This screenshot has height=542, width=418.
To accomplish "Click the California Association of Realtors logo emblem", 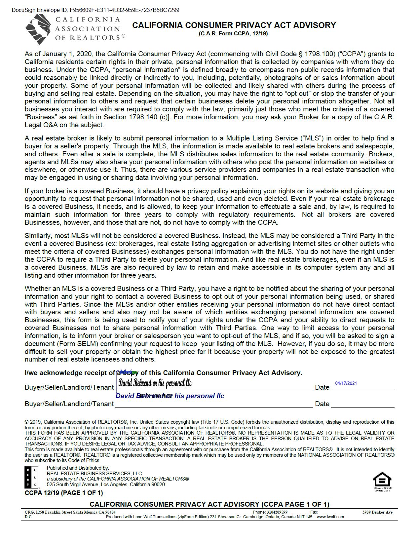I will tap(38, 29).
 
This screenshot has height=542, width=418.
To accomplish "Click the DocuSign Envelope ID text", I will tap(95, 10).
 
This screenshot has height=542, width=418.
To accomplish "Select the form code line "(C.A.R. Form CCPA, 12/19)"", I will tap(233, 33).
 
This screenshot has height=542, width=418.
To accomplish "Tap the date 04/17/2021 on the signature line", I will tap(346, 383).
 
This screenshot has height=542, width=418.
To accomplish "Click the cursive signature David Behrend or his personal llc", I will tap(155, 383).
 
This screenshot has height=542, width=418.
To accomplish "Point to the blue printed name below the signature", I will tap(170, 396).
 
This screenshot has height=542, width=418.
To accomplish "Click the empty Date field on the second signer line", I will tap(362, 404).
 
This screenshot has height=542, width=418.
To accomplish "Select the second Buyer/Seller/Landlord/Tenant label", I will tap(69, 404).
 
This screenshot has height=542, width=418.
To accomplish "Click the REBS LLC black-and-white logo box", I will tap(31, 477).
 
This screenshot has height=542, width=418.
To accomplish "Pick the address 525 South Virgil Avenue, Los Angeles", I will tap(106, 484).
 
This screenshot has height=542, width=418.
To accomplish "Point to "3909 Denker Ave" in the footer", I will tap(377, 512).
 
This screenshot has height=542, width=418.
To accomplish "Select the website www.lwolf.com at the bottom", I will tap(330, 517).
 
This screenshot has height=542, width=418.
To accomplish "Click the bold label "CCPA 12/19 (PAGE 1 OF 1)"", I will tap(64, 493).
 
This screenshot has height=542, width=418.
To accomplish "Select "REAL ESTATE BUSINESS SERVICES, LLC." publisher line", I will tap(95, 474).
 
